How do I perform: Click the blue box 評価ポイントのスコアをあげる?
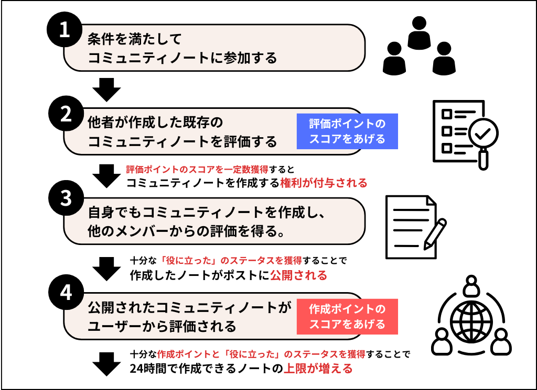click(347, 131)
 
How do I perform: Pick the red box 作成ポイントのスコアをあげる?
click(347, 317)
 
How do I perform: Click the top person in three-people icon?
click(419, 32)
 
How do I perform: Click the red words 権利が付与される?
click(323, 183)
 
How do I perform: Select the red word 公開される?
click(298, 275)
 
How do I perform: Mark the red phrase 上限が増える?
click(318, 368)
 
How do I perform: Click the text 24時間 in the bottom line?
click(150, 368)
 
